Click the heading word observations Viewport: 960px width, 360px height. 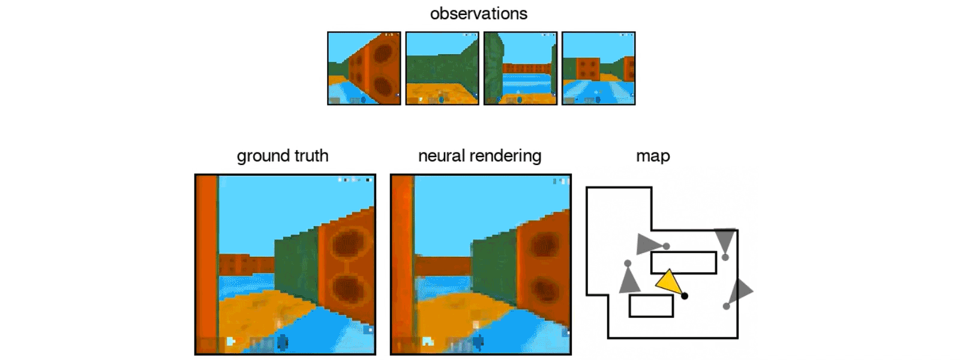click(x=478, y=14)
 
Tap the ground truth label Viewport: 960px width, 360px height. click(x=283, y=156)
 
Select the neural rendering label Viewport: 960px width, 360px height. click(x=479, y=156)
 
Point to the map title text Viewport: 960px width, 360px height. click(x=653, y=156)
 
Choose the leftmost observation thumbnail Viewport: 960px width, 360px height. click(x=364, y=68)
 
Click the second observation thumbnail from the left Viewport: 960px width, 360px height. click(x=442, y=68)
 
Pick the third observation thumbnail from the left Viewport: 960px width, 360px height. click(x=520, y=68)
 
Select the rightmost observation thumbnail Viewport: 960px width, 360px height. click(x=598, y=68)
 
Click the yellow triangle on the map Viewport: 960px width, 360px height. click(x=668, y=282)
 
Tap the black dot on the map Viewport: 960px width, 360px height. click(x=685, y=296)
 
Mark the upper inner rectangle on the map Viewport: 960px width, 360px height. click(x=683, y=263)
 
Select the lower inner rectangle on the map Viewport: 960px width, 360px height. click(x=651, y=306)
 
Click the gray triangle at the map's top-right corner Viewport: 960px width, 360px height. click(x=725, y=239)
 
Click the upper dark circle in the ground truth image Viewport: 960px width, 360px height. click(x=346, y=245)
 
